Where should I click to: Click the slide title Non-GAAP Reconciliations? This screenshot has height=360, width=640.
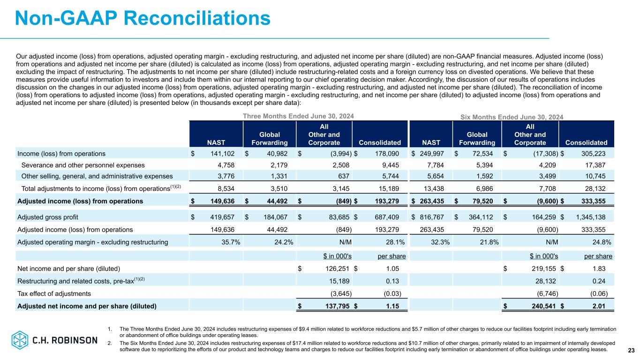pos(143,18)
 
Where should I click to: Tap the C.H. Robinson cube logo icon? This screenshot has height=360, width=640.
pos(20,340)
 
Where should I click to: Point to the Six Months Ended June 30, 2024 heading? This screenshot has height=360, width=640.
pos(510,116)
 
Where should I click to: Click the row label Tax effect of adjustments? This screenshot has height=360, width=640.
pos(54,293)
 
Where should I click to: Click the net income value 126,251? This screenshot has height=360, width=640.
pos(336,269)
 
